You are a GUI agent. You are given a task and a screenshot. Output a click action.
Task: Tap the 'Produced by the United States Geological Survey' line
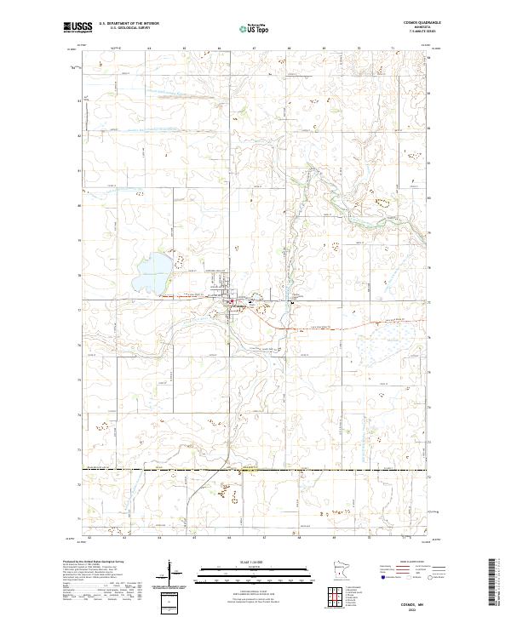(x=93, y=562)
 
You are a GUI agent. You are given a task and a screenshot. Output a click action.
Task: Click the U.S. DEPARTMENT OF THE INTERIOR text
(x=129, y=24)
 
